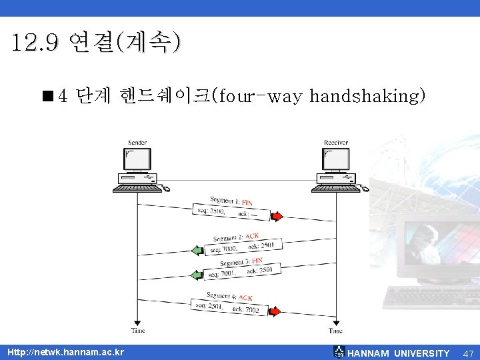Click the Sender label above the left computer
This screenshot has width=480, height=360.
[x=137, y=143]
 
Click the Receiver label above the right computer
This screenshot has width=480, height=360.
[x=335, y=143]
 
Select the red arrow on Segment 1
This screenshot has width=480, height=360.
[x=277, y=215]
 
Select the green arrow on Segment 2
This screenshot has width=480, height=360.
[x=197, y=251]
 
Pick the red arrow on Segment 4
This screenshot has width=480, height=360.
[x=275, y=311]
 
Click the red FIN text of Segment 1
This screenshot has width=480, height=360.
[x=247, y=201]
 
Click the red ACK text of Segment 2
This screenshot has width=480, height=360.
[x=252, y=236]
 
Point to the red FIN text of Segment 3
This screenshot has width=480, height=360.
[x=257, y=261]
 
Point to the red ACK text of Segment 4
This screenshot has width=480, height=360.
[x=245, y=297]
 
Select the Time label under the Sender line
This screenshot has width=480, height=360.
[x=137, y=331]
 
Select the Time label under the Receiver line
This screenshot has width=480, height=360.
[x=335, y=331]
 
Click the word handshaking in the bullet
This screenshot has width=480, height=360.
[x=367, y=97]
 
